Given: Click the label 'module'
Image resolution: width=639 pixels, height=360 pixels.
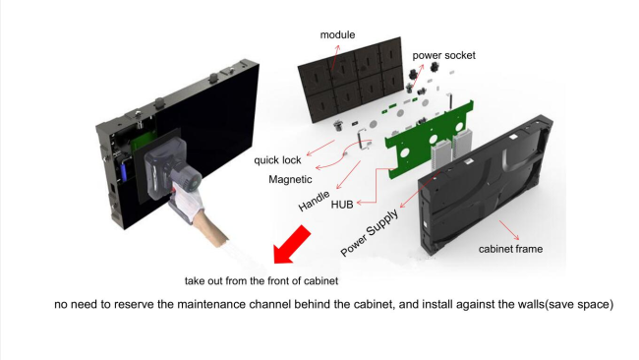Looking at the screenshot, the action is click(x=337, y=35).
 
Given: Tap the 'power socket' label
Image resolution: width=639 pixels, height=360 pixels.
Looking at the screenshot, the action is click(x=443, y=55).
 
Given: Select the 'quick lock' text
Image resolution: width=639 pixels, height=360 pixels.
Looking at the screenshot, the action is click(x=277, y=159).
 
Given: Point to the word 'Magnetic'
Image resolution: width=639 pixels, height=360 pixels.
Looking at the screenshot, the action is click(x=290, y=179).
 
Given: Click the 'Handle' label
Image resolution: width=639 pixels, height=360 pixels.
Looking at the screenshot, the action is click(x=314, y=202).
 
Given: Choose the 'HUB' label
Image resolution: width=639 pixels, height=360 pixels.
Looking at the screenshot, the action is click(x=342, y=205).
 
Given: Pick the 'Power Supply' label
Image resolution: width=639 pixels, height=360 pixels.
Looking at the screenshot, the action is click(x=370, y=232).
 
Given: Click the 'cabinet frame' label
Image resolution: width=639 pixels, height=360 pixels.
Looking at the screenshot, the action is click(x=510, y=249).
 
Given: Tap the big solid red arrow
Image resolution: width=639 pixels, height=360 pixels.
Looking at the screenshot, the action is click(x=292, y=245).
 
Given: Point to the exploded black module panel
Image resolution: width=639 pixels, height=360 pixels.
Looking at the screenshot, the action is click(x=351, y=80).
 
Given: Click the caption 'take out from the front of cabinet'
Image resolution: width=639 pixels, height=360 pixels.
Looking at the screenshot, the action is click(x=261, y=281).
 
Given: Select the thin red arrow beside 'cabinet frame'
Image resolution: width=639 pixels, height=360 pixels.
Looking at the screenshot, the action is click(x=509, y=230).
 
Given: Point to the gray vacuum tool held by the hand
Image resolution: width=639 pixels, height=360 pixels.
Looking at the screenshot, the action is click(x=173, y=166).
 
